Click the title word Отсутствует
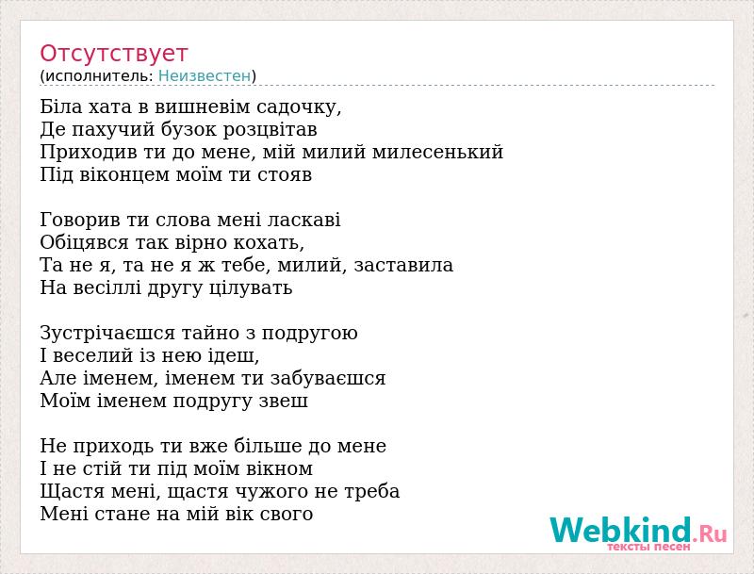(113, 54)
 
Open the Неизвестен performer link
(205, 76)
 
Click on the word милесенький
(437, 152)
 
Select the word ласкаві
(303, 220)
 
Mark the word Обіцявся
(85, 242)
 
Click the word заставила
(403, 265)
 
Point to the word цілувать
(251, 287)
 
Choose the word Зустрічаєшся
(108, 334)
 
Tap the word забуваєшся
(328, 378)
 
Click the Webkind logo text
(639, 530)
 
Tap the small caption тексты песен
(648, 547)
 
